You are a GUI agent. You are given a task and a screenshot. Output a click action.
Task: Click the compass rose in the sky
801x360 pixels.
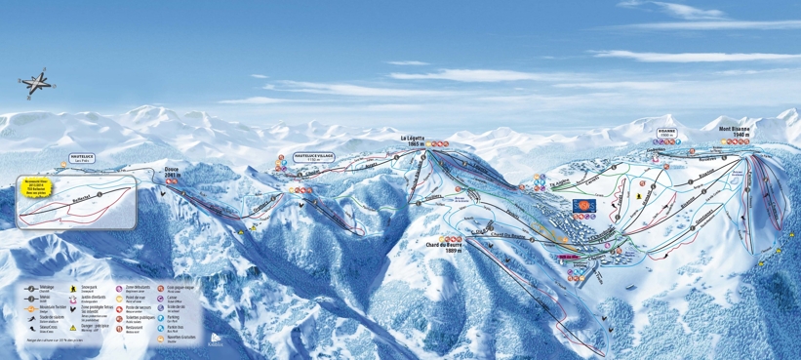pyautogui.click(x=36, y=82)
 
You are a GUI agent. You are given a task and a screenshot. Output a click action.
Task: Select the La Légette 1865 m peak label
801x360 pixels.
pyautogui.click(x=418, y=140)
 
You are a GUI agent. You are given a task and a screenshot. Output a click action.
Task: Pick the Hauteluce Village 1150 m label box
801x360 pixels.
pyautogui.click(x=313, y=156)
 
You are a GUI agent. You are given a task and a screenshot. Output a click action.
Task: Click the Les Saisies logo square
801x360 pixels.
pyautogui.click(x=582, y=207)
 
